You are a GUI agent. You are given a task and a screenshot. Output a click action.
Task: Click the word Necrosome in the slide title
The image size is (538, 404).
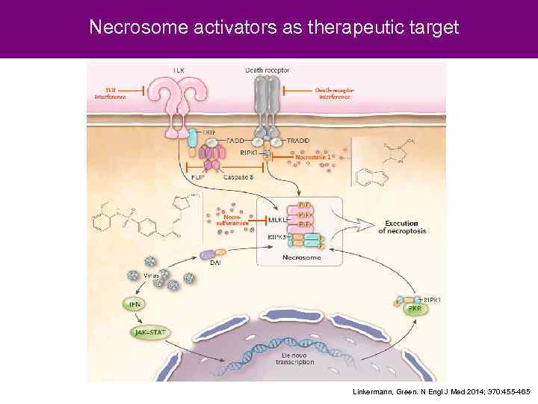(x=129, y=28)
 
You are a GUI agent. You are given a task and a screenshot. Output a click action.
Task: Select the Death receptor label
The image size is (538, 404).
(x=267, y=70)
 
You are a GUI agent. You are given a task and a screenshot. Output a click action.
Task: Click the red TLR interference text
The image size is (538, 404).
(x=110, y=94)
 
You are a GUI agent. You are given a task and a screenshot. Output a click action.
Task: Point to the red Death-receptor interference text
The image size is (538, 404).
(x=334, y=94)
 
